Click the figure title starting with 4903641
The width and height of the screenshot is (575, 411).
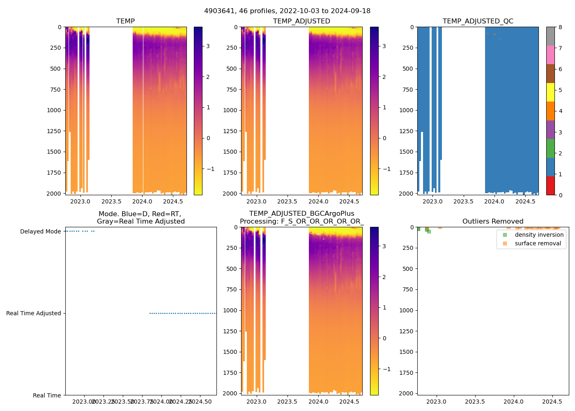coord(287,11)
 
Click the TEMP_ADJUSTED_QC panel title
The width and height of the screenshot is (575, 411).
coord(478,21)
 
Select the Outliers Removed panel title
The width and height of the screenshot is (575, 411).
coord(492,222)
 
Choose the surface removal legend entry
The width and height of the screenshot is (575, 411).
coord(538,243)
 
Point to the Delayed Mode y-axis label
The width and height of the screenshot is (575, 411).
coord(40,231)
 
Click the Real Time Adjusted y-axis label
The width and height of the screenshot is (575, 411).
coord(34,313)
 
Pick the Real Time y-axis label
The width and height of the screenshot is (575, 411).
coord(47,395)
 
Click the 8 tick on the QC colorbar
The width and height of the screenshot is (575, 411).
coord(560,27)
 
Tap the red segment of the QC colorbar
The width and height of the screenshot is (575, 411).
coord(550,185)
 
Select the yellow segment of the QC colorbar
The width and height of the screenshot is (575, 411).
coord(550,92)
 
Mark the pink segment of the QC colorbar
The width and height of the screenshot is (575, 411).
coord(550,55)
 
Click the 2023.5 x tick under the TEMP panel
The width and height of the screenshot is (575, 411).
coord(111,201)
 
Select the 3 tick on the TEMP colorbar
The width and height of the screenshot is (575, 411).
coord(208,46)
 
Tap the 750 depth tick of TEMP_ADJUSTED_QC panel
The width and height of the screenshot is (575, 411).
coord(407,90)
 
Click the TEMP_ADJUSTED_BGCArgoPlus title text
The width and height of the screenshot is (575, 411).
coord(301,214)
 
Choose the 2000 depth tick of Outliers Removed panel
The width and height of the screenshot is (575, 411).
coord(406,393)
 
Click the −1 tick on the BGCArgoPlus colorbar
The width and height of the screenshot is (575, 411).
coord(386,369)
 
